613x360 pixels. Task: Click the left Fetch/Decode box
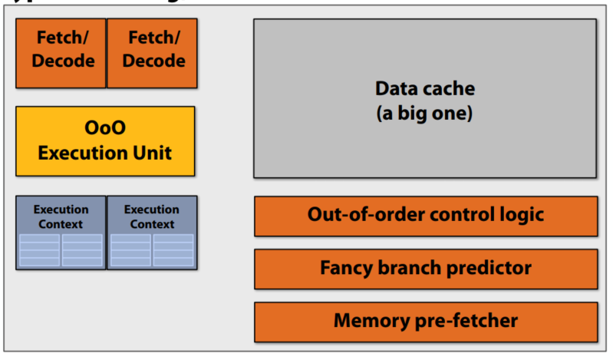(x=61, y=52)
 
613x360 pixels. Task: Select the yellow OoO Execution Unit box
(x=105, y=141)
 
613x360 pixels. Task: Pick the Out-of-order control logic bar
(x=425, y=216)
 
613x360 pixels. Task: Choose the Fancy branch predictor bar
(x=425, y=269)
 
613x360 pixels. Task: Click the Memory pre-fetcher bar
(x=425, y=321)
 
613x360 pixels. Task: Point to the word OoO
(x=105, y=128)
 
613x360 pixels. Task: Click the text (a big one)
(x=425, y=114)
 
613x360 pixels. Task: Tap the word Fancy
(x=348, y=269)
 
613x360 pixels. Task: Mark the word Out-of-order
(x=358, y=215)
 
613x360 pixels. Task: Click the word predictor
(x=494, y=269)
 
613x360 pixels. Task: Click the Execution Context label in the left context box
(x=61, y=216)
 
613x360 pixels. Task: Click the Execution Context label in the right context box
(x=152, y=216)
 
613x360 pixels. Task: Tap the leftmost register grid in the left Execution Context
(x=39, y=249)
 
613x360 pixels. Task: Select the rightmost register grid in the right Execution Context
(x=173, y=249)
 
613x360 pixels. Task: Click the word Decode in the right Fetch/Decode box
(x=153, y=61)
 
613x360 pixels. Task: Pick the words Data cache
(x=425, y=89)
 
